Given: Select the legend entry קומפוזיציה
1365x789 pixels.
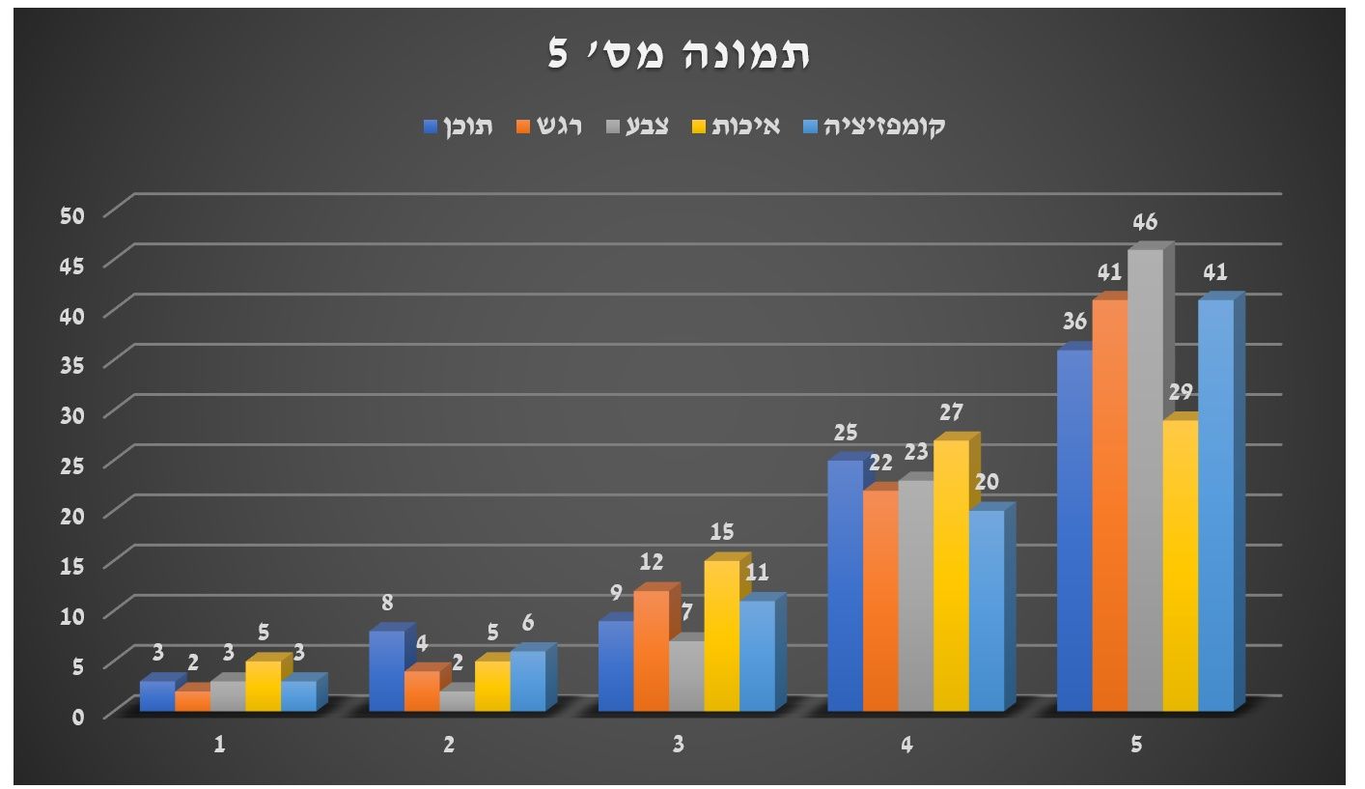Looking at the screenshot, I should tap(883, 127).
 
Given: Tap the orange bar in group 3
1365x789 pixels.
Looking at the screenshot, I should tap(651, 652).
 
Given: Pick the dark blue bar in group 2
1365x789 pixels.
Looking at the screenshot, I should tap(386, 671).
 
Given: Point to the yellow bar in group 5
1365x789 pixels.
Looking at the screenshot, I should tap(1180, 565).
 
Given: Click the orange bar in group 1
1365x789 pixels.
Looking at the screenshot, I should tap(192, 701).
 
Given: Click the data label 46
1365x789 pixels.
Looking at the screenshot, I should tap(1145, 223).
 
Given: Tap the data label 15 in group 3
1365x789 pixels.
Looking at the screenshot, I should tap(722, 532).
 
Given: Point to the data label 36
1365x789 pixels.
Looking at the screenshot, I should tap(1074, 323).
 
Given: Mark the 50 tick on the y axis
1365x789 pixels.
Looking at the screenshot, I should tap(73, 213).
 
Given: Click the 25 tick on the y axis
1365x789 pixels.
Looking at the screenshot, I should tap(73, 465).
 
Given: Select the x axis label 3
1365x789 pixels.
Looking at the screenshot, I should tap(679, 746).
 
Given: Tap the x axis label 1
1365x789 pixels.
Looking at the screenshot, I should tap(220, 746).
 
